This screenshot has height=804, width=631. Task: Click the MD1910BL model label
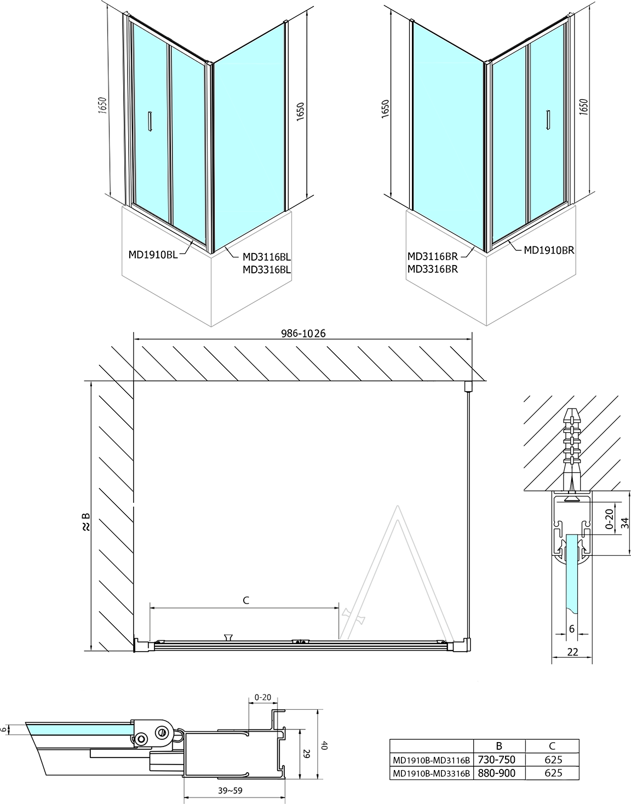point(153,255)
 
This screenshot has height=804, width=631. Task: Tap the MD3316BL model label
point(267,269)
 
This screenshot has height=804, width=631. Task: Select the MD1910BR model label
point(549,250)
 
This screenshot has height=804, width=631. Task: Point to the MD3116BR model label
point(432,256)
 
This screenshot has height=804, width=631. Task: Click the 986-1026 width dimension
point(303,334)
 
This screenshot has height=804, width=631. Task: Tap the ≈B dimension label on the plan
point(86,522)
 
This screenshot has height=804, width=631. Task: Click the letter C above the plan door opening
point(246,600)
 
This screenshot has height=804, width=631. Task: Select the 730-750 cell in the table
point(496,760)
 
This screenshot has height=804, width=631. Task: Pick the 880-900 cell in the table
point(496,773)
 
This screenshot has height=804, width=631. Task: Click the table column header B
point(498,746)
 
